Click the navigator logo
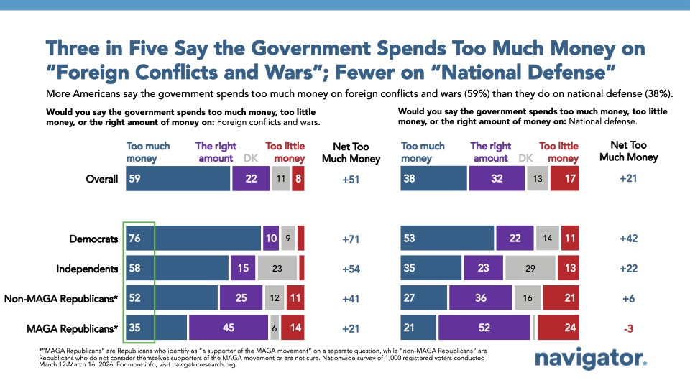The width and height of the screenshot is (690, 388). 591,360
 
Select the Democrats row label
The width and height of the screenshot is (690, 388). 94,239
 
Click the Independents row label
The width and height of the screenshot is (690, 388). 87,268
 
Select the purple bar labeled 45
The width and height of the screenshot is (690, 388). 229,327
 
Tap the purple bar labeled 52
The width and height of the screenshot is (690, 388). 484,327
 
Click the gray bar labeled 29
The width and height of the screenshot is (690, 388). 530,268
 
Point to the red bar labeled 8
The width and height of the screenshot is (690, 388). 298,179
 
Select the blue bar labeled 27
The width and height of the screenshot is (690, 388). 423,297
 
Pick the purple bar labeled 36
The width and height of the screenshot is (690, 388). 480,297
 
